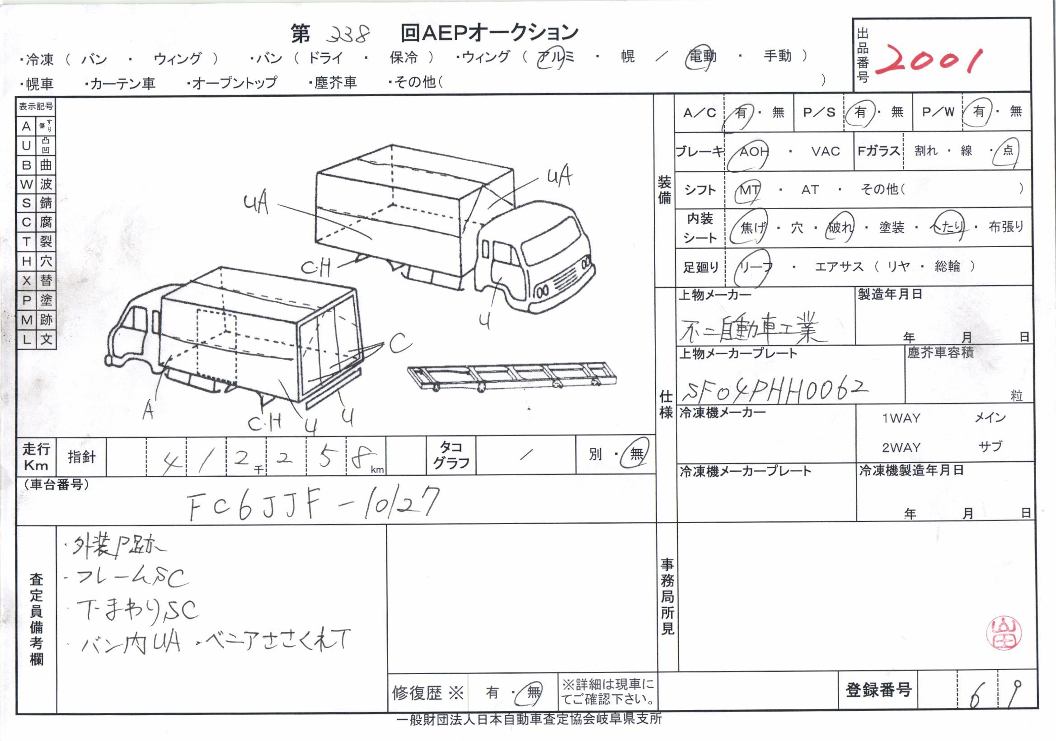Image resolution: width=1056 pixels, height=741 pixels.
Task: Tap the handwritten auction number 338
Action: pos(351,33)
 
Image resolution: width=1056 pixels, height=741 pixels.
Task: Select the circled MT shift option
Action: pos(749,189)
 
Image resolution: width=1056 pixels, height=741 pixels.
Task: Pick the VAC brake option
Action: pos(826,151)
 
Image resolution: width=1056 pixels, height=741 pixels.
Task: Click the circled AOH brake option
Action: pos(753,151)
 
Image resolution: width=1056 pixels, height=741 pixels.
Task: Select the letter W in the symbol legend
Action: pos(26,184)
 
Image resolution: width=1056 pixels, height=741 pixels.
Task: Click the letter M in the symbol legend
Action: pos(26,320)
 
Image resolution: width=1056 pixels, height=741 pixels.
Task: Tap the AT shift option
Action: pos(810,189)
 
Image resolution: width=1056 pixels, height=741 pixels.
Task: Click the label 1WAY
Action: pos(901,418)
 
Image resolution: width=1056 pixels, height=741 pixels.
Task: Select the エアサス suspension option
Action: pos(840,266)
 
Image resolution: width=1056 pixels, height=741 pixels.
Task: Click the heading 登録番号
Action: pos(878,690)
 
